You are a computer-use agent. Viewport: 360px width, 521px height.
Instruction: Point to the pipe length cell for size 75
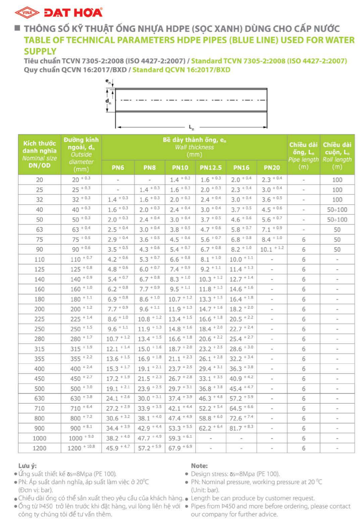(303, 239)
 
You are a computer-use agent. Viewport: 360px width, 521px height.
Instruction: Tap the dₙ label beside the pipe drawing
(108, 100)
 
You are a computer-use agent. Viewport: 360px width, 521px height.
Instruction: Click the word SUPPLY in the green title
(40, 51)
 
